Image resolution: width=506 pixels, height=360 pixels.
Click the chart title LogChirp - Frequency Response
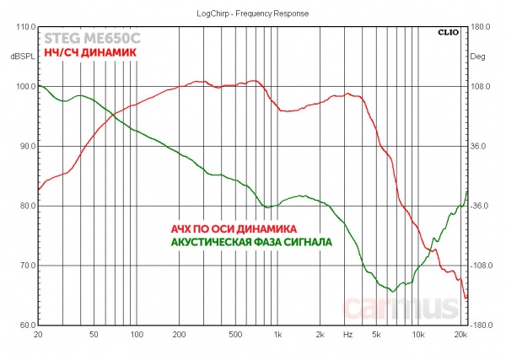click(252, 13)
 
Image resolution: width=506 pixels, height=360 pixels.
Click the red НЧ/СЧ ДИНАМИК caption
click(89, 52)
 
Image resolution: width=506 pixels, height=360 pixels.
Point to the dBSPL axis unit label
click(18, 56)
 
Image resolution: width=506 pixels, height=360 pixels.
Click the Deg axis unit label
click(478, 56)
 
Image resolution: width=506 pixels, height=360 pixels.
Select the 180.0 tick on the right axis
click(481, 27)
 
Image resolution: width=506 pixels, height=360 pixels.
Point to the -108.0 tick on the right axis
click(482, 266)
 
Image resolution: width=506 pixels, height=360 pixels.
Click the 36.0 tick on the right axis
click(479, 147)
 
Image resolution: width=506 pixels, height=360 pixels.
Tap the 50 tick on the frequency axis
click(94, 336)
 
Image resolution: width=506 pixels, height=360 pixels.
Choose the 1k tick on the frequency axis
click(277, 336)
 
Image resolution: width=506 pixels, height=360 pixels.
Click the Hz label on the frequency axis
click(347, 336)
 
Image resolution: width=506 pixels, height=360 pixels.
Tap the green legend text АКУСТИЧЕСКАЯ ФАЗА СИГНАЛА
click(251, 241)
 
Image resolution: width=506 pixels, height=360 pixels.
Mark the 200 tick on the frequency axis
click(178, 336)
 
